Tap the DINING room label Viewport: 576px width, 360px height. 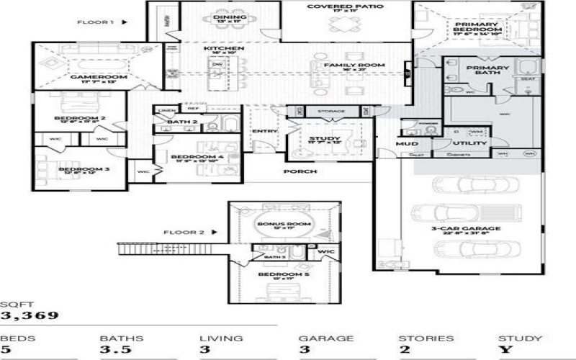point(230,17)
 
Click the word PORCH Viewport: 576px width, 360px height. point(300,171)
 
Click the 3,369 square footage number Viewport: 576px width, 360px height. point(30,314)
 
